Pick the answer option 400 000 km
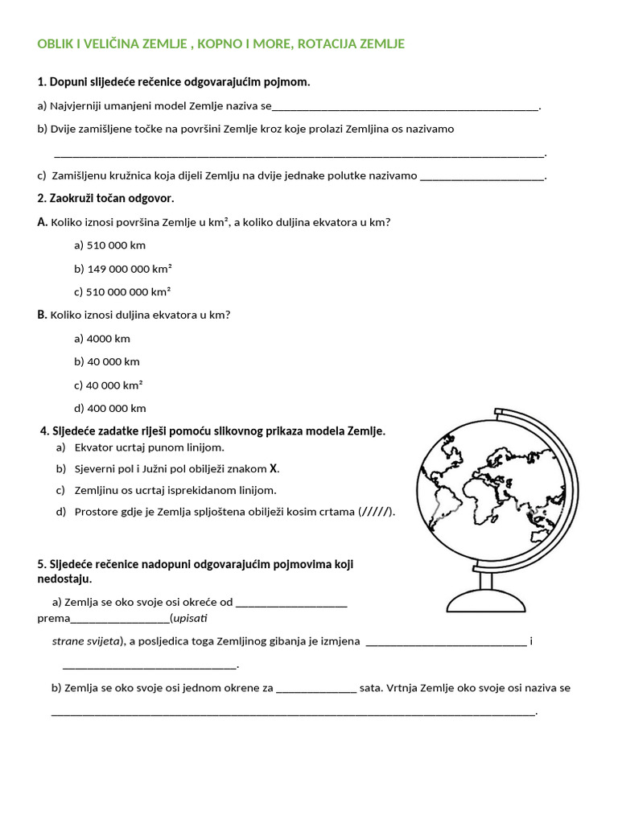(110, 408)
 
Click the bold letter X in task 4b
(274, 468)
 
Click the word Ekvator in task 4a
(93, 447)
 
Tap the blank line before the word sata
(315, 690)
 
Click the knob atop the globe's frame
(500, 413)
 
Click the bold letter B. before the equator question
(43, 315)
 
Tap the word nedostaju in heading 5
(64, 579)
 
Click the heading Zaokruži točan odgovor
(105, 198)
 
